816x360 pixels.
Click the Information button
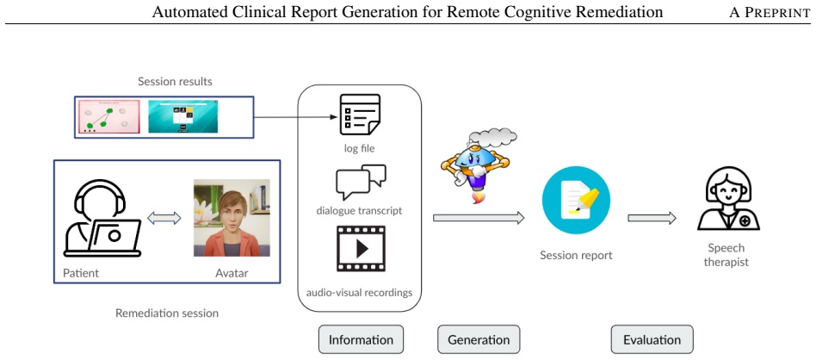click(361, 339)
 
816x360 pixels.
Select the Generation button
click(479, 339)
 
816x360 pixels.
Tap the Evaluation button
click(652, 339)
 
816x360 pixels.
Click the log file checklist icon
click(360, 115)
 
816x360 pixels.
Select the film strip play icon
click(361, 249)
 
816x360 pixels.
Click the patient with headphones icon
click(102, 220)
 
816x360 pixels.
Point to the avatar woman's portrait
click(232, 218)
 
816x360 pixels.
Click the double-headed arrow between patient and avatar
click(164, 218)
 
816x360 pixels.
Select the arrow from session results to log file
click(295, 117)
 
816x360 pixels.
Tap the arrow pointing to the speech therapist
click(652, 218)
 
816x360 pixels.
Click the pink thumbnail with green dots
click(108, 117)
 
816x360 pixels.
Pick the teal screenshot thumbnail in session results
click(183, 116)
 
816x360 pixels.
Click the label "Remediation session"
click(167, 313)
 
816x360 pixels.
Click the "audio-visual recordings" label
click(360, 292)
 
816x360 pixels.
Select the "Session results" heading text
click(175, 82)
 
